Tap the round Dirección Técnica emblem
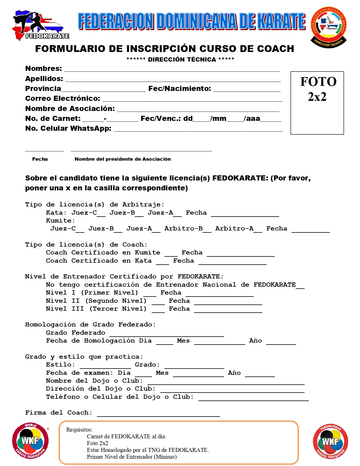329,27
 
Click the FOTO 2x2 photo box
317,103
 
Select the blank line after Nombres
172,69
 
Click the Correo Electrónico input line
192,99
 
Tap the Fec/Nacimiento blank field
247,90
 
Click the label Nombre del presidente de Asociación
123,159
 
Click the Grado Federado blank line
167,334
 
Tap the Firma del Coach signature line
158,414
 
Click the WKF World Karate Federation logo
30,441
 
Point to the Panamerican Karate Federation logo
330,441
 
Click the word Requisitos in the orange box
79,430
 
